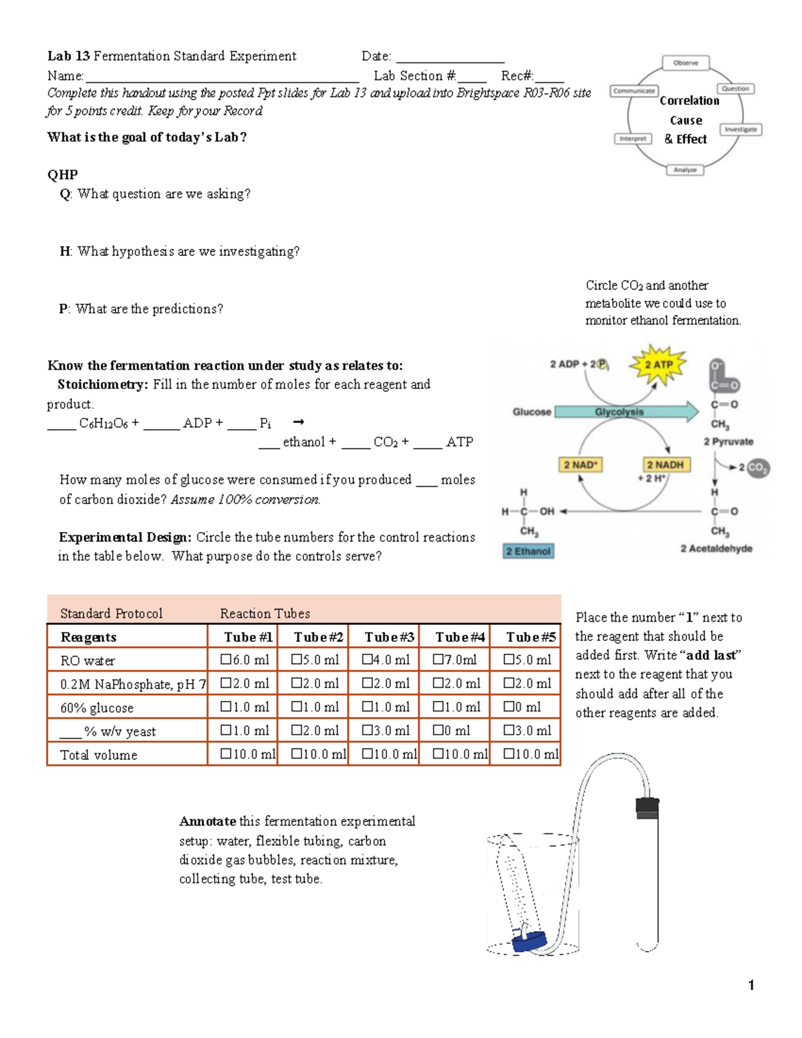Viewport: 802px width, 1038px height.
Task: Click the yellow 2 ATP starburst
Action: (x=658, y=365)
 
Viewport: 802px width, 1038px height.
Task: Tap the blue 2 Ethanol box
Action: (x=528, y=551)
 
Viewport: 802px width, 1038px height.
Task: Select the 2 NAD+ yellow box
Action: (x=580, y=465)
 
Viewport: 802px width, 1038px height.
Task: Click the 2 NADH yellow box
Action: (x=665, y=465)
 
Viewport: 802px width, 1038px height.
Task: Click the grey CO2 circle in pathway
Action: (x=757, y=467)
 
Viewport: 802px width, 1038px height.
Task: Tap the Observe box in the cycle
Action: (x=686, y=63)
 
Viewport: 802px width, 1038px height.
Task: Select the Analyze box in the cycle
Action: (x=684, y=170)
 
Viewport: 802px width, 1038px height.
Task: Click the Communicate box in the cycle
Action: (x=634, y=91)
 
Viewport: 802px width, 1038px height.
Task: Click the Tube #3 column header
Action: (x=389, y=637)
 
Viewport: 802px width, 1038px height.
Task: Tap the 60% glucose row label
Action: (x=97, y=708)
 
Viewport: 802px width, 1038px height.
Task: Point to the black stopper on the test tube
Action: (x=647, y=807)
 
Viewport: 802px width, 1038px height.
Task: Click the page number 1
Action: (x=751, y=985)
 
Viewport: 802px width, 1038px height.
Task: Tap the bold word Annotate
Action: (x=207, y=821)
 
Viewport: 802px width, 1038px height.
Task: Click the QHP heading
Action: (x=62, y=174)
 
